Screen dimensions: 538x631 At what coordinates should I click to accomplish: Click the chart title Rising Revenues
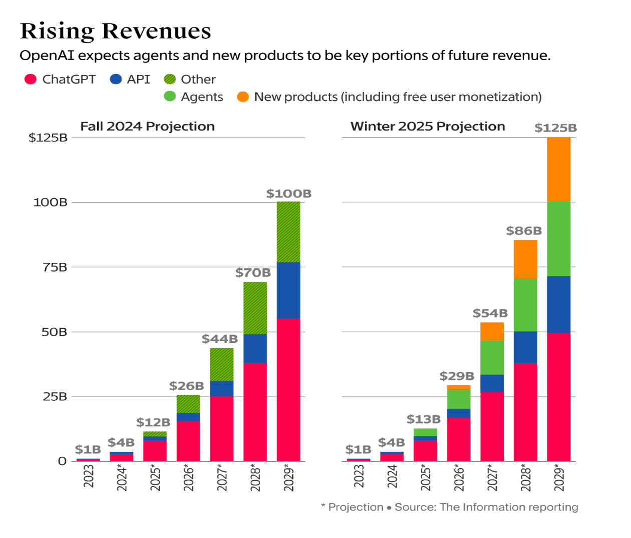pos(115,31)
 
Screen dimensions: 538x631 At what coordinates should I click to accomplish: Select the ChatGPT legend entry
pos(60,79)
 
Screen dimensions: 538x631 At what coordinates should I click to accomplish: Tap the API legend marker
pos(116,79)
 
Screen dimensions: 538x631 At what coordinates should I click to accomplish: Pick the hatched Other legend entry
pos(190,79)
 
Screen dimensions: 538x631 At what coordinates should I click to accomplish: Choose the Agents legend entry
pos(194,97)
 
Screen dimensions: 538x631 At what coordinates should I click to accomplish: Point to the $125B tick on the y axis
pos(48,138)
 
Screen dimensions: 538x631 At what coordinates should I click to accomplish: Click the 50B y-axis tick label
pos(54,332)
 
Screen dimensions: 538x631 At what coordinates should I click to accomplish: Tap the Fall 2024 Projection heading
pos(147,126)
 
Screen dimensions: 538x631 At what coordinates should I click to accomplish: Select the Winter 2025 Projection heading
pos(427,126)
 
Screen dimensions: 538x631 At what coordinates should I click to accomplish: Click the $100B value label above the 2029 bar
pos(288,194)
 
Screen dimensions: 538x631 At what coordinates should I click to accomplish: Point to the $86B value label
pos(524,231)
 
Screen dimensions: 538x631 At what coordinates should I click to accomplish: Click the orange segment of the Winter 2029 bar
pos(558,169)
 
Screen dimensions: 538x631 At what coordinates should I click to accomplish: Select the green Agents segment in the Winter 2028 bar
pos(525,305)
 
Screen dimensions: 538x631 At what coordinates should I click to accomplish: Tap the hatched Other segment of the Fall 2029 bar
pos(288,232)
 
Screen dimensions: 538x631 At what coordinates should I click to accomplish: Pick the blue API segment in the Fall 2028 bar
pos(255,348)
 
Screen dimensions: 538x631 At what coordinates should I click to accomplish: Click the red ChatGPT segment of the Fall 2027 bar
pos(221,428)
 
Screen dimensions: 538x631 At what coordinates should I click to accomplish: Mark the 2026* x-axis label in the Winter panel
pos(459,478)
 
